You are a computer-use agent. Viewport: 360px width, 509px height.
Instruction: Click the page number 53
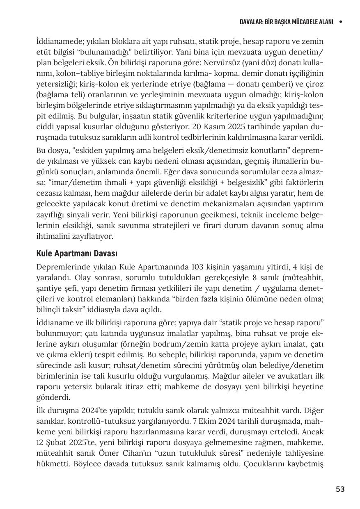tap(340, 489)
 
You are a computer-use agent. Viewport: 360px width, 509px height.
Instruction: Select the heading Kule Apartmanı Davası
tap(77, 253)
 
